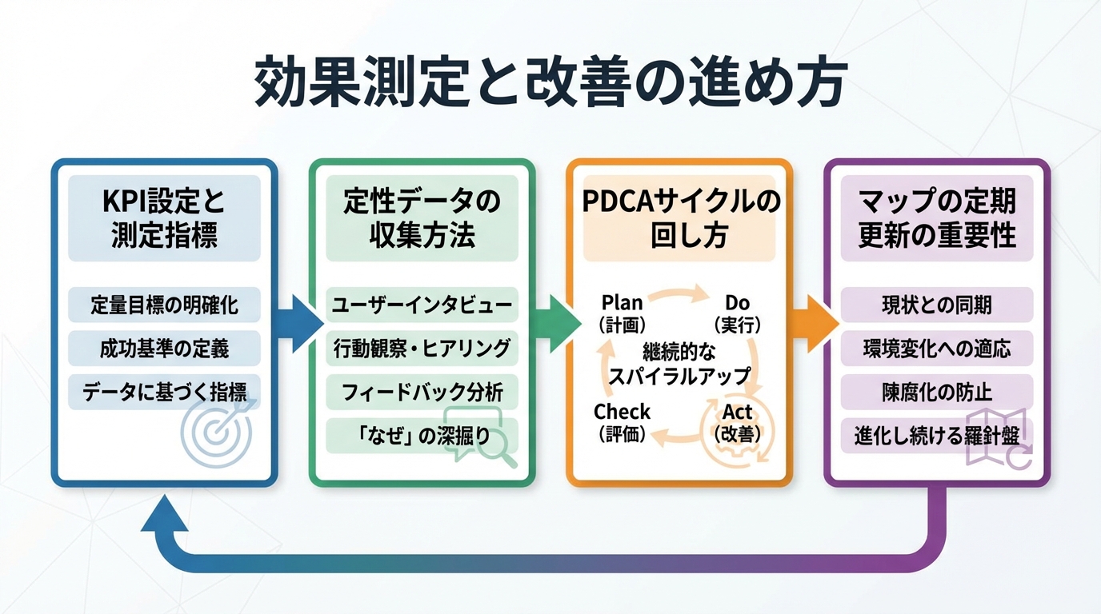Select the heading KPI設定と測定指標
(x=164, y=218)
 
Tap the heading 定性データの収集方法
(x=422, y=218)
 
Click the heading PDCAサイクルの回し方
(x=679, y=218)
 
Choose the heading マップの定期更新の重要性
(x=936, y=218)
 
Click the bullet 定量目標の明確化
(x=164, y=305)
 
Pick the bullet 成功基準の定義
(x=164, y=349)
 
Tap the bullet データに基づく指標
(x=164, y=392)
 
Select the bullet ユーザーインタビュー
(x=422, y=305)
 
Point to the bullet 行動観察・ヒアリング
(x=422, y=349)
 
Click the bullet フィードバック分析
(x=422, y=393)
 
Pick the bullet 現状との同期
(x=936, y=305)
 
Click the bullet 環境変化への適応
(x=936, y=349)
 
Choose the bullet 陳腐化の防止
(x=936, y=393)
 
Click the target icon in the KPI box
(x=216, y=432)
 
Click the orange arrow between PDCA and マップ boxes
(x=810, y=324)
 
